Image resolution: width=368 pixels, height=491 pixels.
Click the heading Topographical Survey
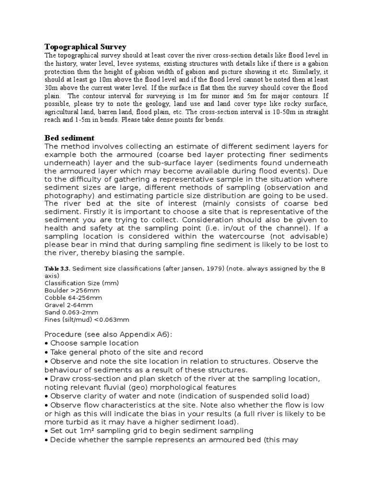(x=85, y=47)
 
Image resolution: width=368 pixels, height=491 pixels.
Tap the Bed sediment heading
(x=69, y=138)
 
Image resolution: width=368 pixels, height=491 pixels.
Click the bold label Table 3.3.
(x=57, y=269)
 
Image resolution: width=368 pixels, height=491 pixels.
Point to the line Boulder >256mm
(x=69, y=291)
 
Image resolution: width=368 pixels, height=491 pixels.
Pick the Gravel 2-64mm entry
(x=69, y=305)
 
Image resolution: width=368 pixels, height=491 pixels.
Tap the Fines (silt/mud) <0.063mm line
(x=87, y=319)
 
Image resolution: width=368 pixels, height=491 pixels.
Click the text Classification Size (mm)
(x=81, y=283)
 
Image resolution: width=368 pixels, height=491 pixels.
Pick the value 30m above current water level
(x=51, y=88)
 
